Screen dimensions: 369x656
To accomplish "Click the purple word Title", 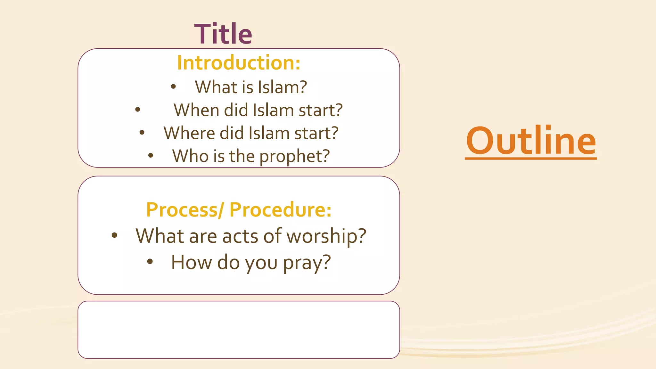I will click(223, 34).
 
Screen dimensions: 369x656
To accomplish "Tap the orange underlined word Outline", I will click(531, 141).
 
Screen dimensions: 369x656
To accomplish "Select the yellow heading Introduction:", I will click(239, 62).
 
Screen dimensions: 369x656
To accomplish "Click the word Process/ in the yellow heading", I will click(185, 210).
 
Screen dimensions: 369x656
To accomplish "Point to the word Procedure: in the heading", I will click(280, 210).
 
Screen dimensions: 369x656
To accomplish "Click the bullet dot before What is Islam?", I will click(173, 86).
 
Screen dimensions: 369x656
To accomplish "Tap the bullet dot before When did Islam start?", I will click(138, 110).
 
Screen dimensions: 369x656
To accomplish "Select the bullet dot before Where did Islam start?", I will click(142, 132).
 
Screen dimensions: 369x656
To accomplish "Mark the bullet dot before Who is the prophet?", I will click(151, 156).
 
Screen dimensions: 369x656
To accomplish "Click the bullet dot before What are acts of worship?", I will click(114, 235).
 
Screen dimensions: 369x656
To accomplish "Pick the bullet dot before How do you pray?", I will click(150, 262).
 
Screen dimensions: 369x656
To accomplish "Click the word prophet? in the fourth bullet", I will click(294, 156).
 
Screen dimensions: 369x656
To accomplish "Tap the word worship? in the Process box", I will click(326, 236).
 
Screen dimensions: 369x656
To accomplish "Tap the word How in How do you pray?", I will click(191, 262).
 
